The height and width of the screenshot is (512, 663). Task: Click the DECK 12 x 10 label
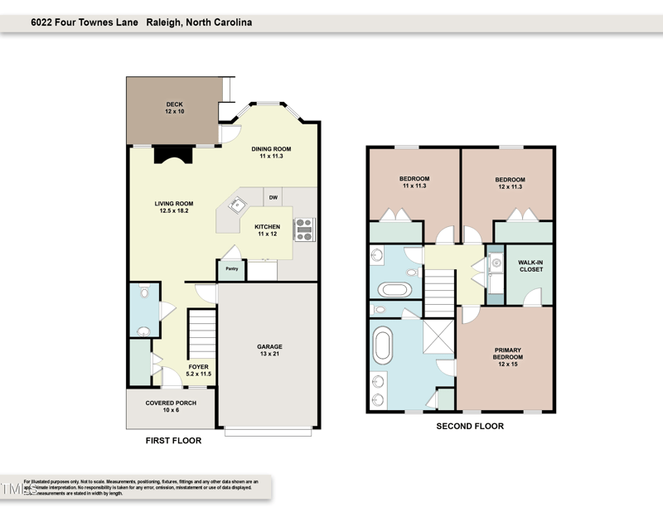[x=174, y=108]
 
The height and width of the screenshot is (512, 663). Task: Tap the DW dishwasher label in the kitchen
[x=273, y=198]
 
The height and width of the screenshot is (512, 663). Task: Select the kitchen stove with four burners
[x=304, y=229]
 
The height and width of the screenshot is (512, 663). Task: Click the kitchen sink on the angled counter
[x=237, y=203]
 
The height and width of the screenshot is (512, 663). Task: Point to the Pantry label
[x=231, y=269]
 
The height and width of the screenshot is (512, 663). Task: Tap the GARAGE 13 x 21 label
[x=269, y=350]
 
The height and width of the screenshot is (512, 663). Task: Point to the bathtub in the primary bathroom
[x=384, y=345]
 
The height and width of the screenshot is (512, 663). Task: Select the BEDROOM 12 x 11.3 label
[x=510, y=183]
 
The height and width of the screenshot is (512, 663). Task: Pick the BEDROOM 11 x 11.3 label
[x=414, y=183]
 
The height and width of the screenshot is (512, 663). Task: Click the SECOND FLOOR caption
[x=470, y=427]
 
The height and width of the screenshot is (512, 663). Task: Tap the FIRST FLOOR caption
[x=173, y=441]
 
